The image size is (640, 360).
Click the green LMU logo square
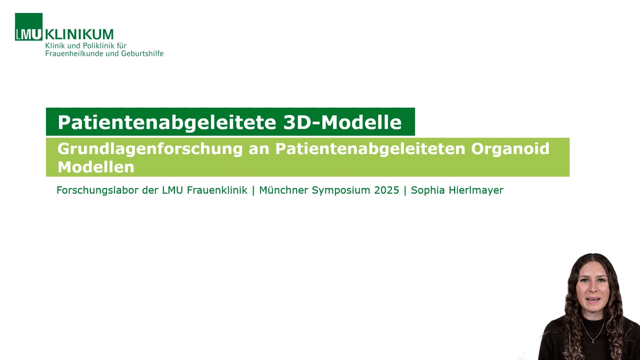tap(29, 27)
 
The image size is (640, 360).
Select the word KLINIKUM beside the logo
tap(79, 34)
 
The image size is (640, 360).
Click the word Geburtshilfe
tap(142, 54)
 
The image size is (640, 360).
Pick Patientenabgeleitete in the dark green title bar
tap(167, 122)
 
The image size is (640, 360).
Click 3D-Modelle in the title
tap(343, 122)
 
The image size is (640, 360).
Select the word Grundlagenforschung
tap(150, 149)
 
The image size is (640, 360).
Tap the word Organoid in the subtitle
tap(510, 149)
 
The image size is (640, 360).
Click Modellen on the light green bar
tap(96, 167)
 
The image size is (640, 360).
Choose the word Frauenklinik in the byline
tap(217, 190)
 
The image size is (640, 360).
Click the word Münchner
tap(284, 190)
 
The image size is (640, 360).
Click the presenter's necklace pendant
tap(593, 341)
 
